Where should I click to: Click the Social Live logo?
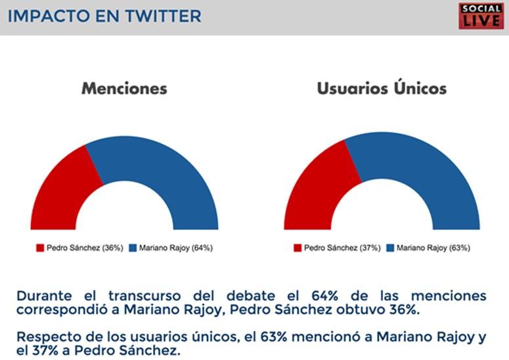(x=481, y=16)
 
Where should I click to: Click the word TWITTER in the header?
(x=164, y=16)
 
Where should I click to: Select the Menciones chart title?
(x=124, y=89)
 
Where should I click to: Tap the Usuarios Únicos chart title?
(x=382, y=88)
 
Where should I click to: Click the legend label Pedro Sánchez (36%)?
(x=85, y=248)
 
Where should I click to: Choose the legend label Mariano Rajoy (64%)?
(x=176, y=248)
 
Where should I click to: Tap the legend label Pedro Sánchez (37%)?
(x=342, y=248)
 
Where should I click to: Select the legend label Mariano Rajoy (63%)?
(x=433, y=248)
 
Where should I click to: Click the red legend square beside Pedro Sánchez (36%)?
(x=40, y=248)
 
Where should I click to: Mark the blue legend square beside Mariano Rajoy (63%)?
(x=390, y=248)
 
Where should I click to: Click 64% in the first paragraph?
(x=324, y=296)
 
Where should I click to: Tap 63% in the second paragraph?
(x=274, y=337)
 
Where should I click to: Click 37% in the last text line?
(x=45, y=351)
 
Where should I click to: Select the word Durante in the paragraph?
(x=44, y=296)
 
